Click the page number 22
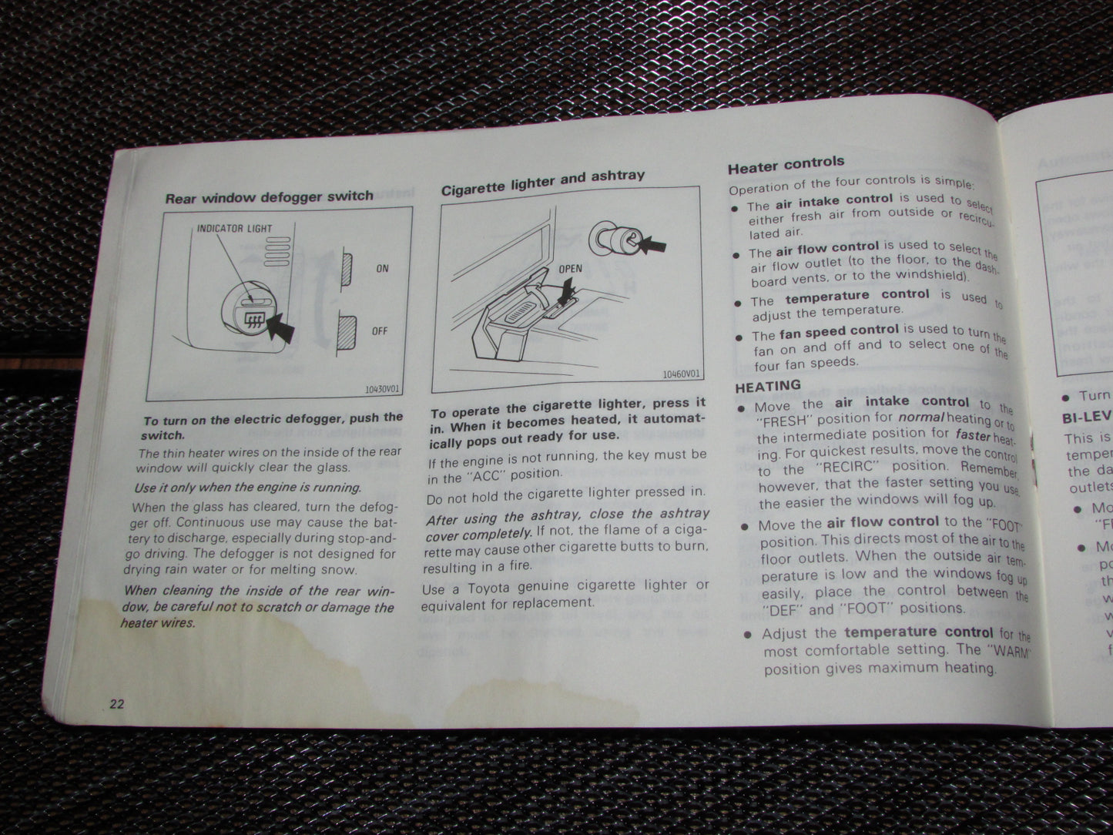click(x=117, y=703)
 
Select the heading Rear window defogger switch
click(x=269, y=196)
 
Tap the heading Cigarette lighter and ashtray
click(x=542, y=183)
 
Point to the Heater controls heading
click(x=786, y=163)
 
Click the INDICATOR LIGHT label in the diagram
click(x=234, y=229)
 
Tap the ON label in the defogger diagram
click(x=382, y=269)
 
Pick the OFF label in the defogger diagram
click(x=380, y=331)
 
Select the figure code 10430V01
click(x=383, y=389)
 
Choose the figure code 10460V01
click(x=682, y=375)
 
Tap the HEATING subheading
click(x=768, y=386)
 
